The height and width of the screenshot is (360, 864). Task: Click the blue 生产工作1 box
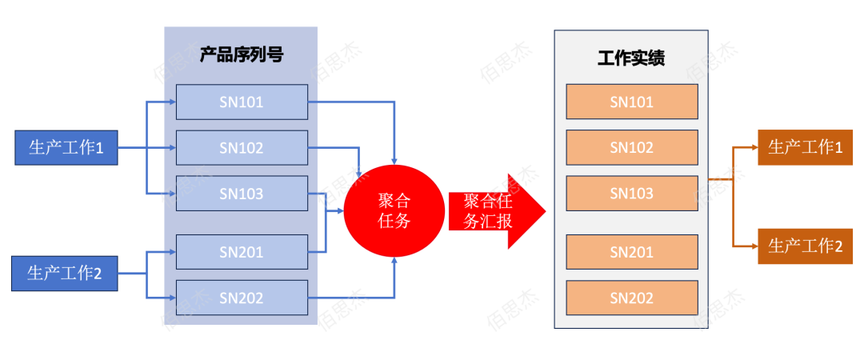[x=66, y=148]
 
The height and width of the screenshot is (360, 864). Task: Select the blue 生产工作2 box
[x=65, y=274]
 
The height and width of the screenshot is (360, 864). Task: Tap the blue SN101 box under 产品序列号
[x=242, y=102]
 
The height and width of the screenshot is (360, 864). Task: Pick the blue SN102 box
[x=242, y=148]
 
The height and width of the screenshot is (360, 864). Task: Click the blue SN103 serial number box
[x=242, y=194]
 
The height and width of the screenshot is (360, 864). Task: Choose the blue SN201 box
[x=242, y=252]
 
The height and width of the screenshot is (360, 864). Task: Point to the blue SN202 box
[x=242, y=298]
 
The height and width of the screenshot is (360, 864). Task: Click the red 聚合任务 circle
[x=394, y=210]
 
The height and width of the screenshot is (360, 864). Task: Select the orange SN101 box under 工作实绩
[x=631, y=102]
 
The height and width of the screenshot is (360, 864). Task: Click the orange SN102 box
[x=631, y=147]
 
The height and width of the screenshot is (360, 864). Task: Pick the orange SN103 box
[x=631, y=194]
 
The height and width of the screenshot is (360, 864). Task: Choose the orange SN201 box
[x=631, y=252]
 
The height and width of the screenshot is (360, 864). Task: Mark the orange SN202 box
[x=631, y=298]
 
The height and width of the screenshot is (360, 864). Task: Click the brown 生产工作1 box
[x=805, y=147]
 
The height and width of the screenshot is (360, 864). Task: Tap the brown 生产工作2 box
[x=805, y=246]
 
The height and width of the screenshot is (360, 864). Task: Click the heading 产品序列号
[x=241, y=55]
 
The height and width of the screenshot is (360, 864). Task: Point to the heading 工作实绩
[x=631, y=58]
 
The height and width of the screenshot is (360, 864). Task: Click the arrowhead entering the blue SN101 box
[x=171, y=102]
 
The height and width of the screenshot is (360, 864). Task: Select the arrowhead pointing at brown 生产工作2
[x=753, y=246]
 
